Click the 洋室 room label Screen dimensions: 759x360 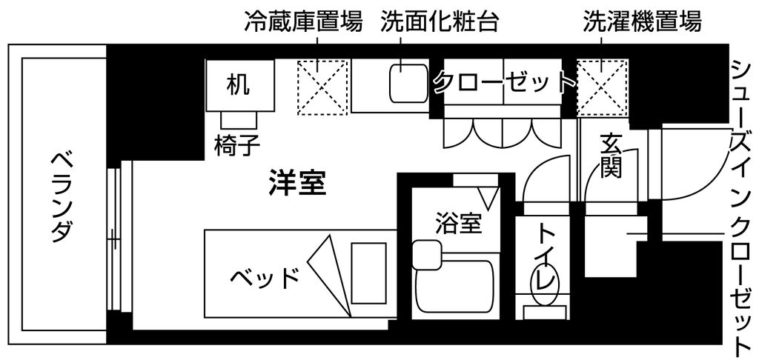(x=297, y=183)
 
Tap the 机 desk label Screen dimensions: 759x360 (x=238, y=85)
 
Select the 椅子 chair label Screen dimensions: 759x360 (x=236, y=145)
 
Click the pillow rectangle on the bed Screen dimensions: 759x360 (x=368, y=273)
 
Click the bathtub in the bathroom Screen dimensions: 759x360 (x=454, y=287)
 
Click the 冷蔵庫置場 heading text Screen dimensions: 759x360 (x=303, y=21)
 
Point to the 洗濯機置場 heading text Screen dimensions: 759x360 (x=642, y=21)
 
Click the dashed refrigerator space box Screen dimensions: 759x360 (x=322, y=87)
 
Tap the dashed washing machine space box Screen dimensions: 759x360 (x=602, y=87)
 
